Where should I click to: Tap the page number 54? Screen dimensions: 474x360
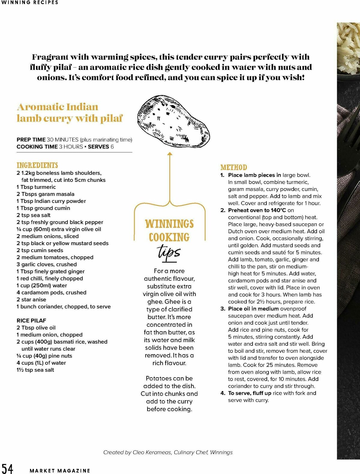[x=7, y=469]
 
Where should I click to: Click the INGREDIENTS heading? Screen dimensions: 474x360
[x=37, y=165]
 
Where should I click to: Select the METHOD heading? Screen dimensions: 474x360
[x=233, y=167]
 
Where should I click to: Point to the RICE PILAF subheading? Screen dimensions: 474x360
[x=31, y=321]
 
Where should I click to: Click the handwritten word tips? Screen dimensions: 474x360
[x=169, y=252]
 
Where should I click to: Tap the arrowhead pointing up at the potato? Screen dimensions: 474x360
[x=169, y=154]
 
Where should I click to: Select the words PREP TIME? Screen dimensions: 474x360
[x=31, y=140]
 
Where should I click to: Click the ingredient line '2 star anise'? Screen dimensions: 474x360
[x=31, y=300]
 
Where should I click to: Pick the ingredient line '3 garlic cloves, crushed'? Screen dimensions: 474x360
[x=46, y=264]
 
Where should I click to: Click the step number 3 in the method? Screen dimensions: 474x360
[x=223, y=309]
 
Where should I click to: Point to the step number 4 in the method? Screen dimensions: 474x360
[x=223, y=393]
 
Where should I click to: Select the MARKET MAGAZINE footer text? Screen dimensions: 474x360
[x=60, y=471]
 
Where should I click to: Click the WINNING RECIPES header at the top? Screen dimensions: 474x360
[x=30, y=2]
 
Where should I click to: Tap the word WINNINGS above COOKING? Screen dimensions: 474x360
[x=169, y=224]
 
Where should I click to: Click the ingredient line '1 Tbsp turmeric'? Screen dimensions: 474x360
[x=36, y=187]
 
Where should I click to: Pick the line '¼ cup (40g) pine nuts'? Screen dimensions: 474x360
[x=44, y=356]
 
